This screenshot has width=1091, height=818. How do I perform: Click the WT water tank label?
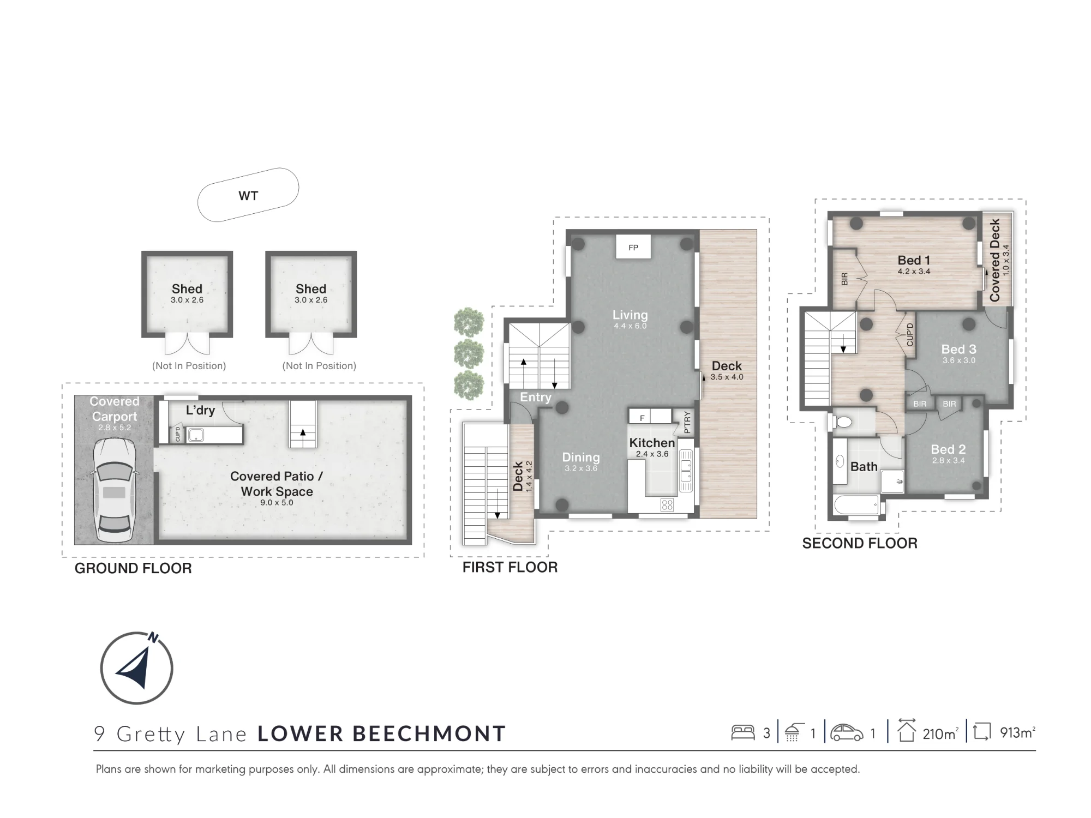point(248,196)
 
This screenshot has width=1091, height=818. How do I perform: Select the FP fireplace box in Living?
point(633,247)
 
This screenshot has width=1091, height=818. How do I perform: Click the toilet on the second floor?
point(842,422)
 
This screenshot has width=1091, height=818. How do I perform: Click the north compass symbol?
point(136,667)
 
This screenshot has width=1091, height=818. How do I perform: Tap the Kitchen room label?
point(652,443)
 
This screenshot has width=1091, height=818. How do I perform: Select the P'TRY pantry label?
point(687,422)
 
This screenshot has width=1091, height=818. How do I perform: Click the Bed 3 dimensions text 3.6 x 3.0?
point(959,360)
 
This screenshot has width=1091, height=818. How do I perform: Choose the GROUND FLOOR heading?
point(133,568)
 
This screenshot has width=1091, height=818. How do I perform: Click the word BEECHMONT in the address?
point(429,733)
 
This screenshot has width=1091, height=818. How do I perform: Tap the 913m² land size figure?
point(1017,732)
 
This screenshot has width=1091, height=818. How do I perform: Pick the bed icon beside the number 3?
point(742,732)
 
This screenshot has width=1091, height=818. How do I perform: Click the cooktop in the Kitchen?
point(667,504)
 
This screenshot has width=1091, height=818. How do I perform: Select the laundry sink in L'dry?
point(195,435)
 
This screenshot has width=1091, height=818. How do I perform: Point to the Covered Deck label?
point(995,260)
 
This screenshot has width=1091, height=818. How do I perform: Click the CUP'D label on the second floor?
point(909,335)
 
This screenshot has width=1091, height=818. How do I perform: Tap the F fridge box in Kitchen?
point(642,418)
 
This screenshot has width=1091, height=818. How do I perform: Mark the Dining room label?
point(581,458)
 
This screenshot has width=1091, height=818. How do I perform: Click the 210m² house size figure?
point(940,733)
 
